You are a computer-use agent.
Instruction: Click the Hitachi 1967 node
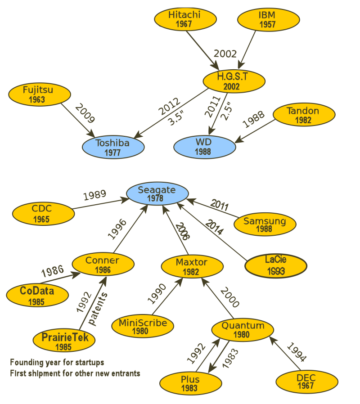[185, 19]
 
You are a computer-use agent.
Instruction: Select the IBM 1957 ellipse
[268, 20]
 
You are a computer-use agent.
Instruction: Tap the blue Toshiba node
[113, 147]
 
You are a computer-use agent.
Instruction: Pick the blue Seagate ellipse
[157, 193]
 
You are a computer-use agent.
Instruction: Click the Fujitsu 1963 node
[40, 94]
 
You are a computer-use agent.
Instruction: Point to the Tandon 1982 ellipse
[304, 115]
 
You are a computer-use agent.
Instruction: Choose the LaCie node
[276, 266]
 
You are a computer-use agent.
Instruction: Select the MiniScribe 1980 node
[143, 326]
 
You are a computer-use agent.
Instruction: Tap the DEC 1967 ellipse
[307, 382]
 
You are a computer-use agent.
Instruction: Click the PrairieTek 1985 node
[64, 341]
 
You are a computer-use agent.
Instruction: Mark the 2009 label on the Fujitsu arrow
[85, 113]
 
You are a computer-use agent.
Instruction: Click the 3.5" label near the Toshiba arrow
[176, 118]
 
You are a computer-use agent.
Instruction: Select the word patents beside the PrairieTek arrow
[98, 309]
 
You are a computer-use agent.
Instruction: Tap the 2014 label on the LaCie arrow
[214, 227]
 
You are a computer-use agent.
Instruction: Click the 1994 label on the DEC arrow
[297, 352]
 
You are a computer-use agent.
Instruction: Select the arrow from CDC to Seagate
[100, 204]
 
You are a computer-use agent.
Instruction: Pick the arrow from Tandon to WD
[255, 131]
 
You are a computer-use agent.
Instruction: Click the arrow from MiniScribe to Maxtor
[168, 296]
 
